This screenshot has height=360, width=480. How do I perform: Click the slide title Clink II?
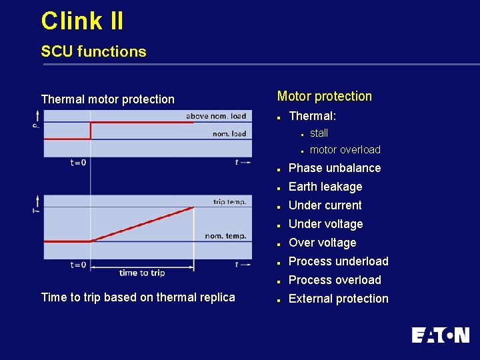(x=82, y=21)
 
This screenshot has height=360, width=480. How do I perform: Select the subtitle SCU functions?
(x=93, y=51)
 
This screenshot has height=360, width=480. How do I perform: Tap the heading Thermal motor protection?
(x=107, y=99)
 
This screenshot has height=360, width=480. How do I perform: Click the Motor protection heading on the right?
(x=324, y=96)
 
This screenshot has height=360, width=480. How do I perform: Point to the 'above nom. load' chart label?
(x=216, y=116)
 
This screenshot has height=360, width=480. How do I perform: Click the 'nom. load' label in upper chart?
(x=229, y=133)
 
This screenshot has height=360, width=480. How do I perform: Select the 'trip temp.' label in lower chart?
(x=229, y=201)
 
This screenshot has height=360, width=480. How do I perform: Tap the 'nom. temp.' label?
(x=225, y=235)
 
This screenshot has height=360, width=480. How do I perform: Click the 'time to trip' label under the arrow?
(x=142, y=273)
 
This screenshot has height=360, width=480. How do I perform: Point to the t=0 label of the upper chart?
(x=78, y=162)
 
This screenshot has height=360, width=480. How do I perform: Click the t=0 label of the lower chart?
(x=78, y=265)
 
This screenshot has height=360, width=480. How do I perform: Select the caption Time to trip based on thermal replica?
(x=138, y=297)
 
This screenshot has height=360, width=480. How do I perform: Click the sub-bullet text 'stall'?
(x=319, y=133)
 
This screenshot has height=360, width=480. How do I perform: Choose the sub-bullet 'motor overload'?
(x=345, y=149)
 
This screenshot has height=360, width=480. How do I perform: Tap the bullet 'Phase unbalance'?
(x=334, y=168)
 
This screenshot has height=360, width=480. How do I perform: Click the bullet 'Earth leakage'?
(x=325, y=187)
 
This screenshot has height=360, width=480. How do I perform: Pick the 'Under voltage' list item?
(x=325, y=224)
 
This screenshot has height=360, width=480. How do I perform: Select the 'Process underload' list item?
(x=338, y=261)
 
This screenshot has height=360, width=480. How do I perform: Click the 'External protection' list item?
(x=338, y=299)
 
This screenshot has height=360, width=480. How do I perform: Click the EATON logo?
(x=440, y=335)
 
